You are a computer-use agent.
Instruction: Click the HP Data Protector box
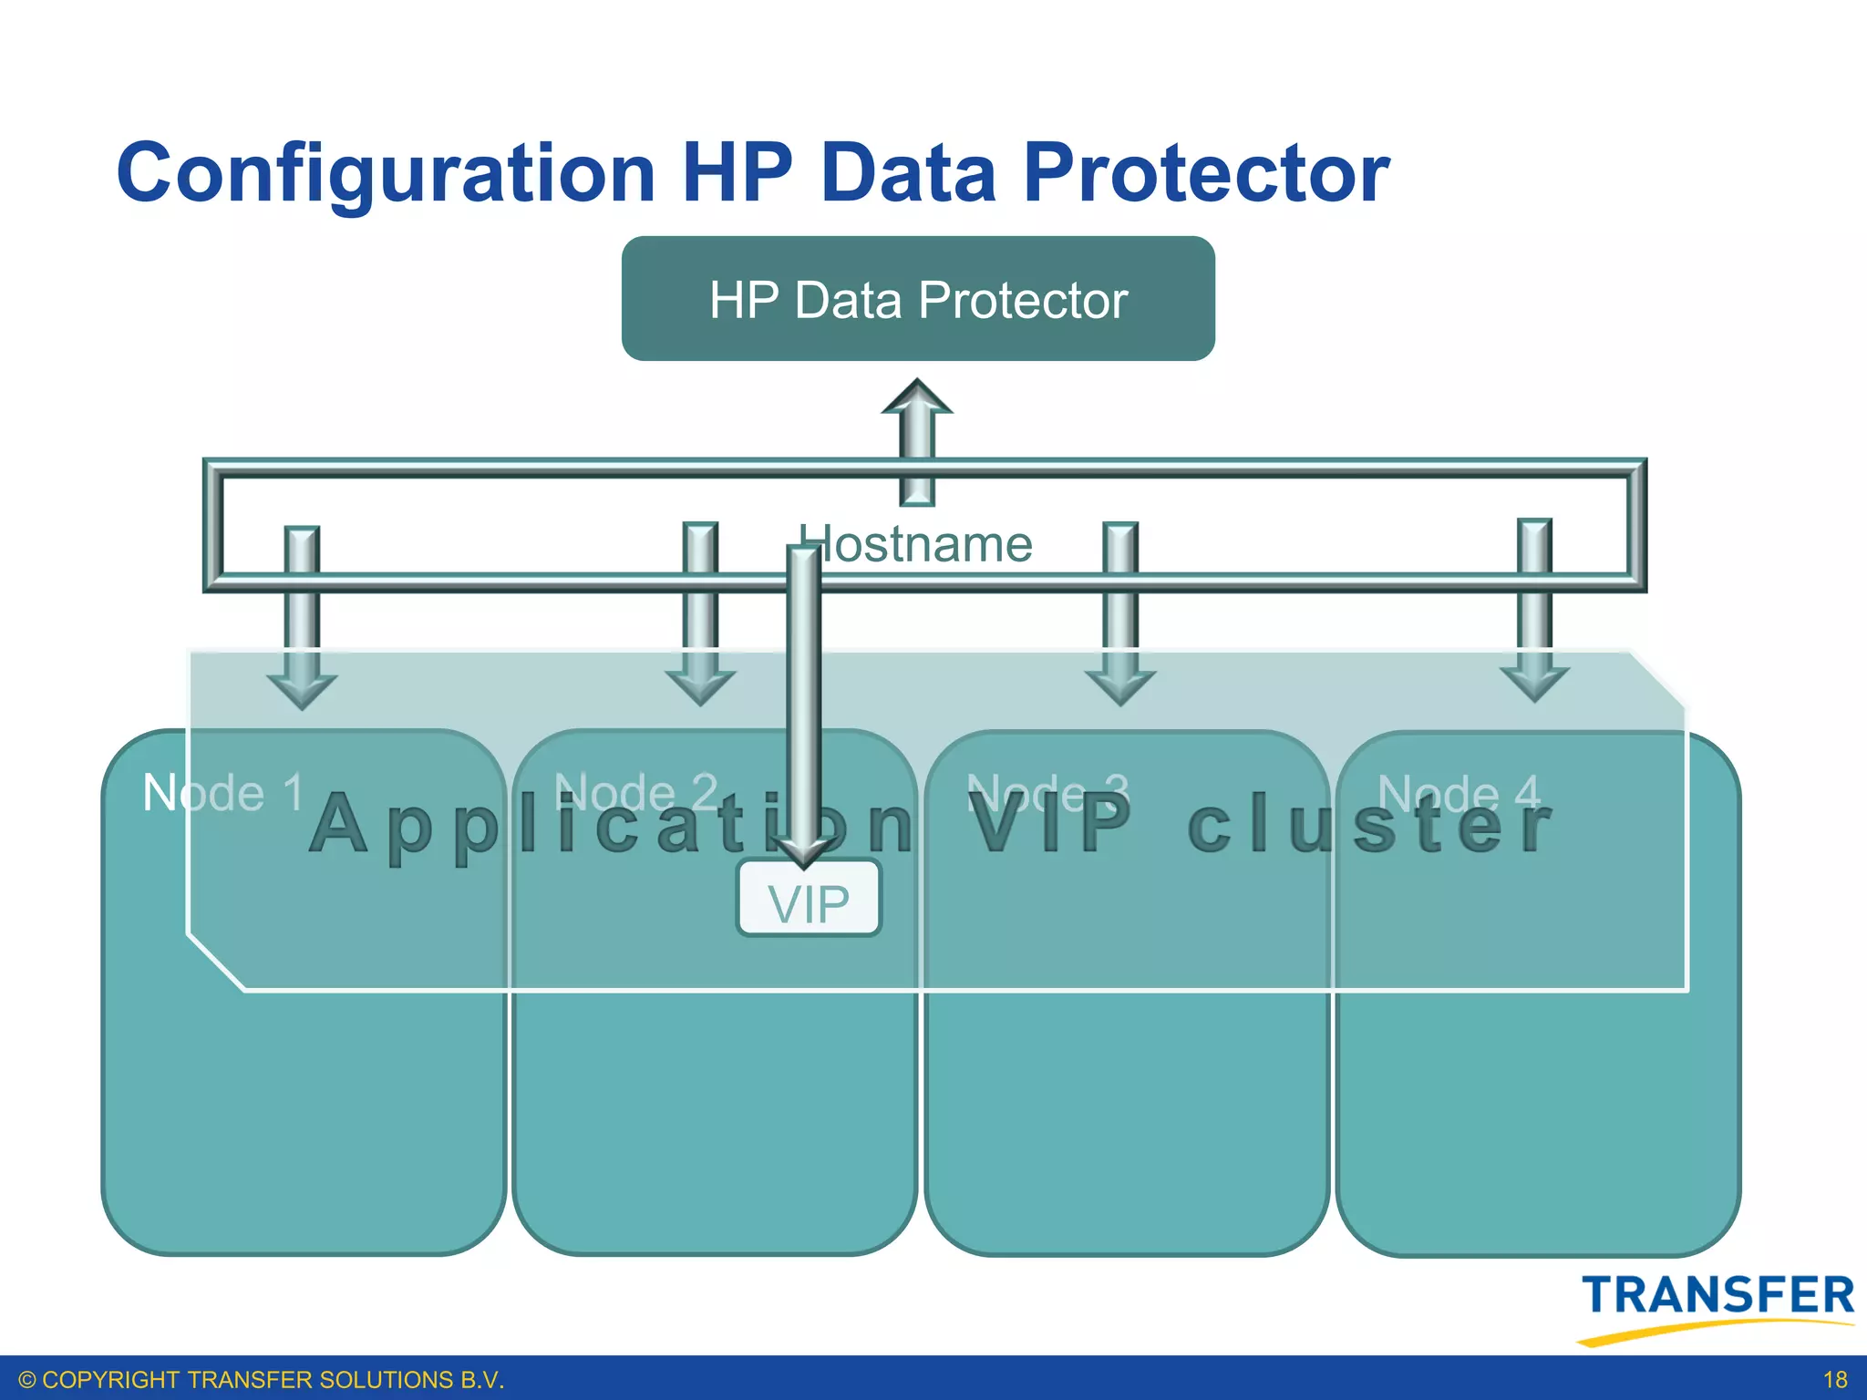click(918, 299)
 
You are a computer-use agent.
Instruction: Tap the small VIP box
click(809, 900)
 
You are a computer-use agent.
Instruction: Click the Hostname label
click(917, 545)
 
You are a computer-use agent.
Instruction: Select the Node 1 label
click(223, 793)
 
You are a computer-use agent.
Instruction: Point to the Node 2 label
click(636, 793)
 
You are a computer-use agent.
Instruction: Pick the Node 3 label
click(1047, 793)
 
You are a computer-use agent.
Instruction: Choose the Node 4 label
click(1459, 793)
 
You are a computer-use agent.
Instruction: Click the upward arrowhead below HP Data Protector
click(917, 398)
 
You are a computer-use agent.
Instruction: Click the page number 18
click(1834, 1380)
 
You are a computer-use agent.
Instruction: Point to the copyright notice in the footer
click(261, 1380)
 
